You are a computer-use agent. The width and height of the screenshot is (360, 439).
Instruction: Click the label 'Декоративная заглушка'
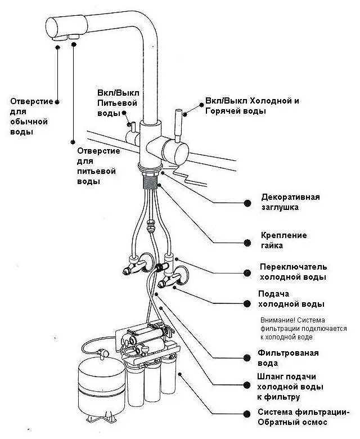290,202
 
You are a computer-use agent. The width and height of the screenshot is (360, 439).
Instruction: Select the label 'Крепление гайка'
283,241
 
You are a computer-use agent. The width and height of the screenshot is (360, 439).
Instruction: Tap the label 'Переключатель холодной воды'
292,272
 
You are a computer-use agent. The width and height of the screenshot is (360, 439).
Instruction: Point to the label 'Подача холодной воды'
290,299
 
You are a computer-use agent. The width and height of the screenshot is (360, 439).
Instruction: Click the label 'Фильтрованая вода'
288,359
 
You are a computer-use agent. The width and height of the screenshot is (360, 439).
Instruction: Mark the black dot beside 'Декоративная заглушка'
247,203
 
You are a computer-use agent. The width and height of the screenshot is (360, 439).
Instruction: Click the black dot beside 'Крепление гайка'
247,242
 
